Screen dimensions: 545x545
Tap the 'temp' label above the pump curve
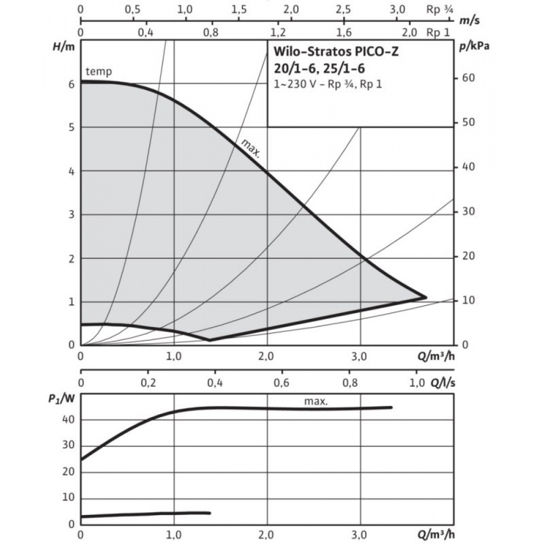pos(99,72)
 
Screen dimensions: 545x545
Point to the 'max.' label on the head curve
pos(250,147)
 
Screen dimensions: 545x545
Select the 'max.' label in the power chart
pos(316,402)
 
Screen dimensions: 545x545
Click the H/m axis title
pos(63,47)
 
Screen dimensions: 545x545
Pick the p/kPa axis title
pos(474,46)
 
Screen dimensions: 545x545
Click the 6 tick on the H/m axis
pos(71,84)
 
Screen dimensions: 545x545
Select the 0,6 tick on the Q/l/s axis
pos(282,383)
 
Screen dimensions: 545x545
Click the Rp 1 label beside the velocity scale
pos(439,32)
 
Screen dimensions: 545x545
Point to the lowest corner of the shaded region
pos(210,340)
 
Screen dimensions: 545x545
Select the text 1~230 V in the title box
pos(293,85)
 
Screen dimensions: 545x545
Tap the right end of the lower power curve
pos(209,512)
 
